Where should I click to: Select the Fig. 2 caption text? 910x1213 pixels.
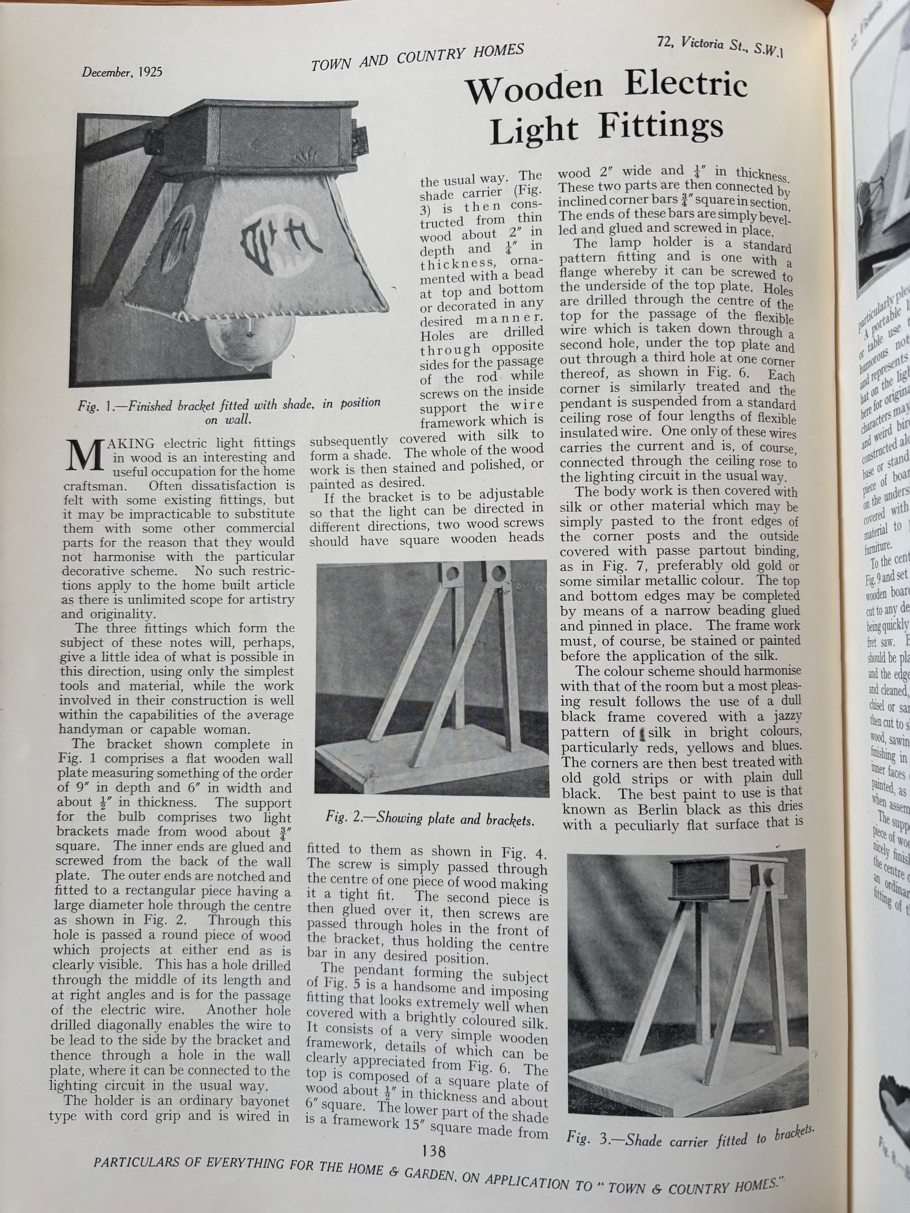[429, 819]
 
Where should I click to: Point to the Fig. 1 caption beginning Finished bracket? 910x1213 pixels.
[229, 411]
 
